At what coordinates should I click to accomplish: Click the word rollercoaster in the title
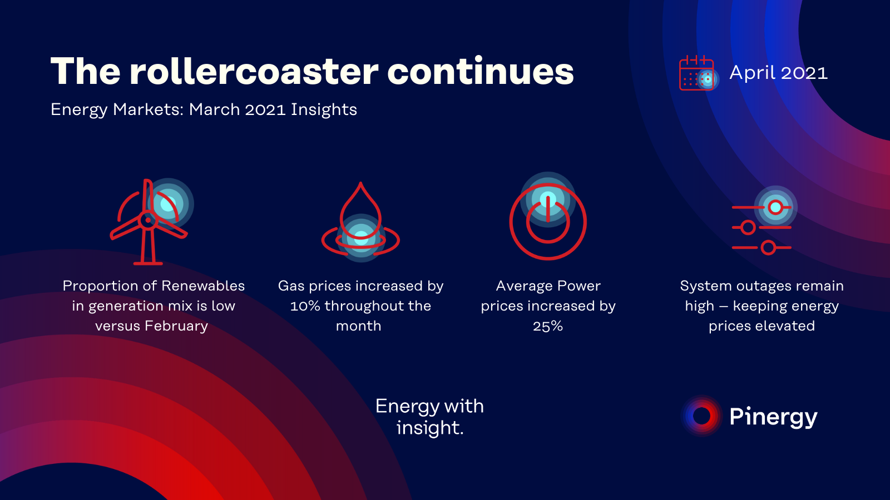pos(254,72)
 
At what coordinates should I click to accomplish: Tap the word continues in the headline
pos(481,72)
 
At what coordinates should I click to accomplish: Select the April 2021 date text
pos(779,73)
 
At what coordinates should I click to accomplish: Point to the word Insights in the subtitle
pos(324,110)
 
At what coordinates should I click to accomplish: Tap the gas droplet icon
pos(360,222)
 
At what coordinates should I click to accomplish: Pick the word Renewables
pos(203,286)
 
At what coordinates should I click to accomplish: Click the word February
pos(176,326)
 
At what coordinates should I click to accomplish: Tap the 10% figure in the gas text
pos(305,306)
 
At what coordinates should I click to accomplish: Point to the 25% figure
pos(548,326)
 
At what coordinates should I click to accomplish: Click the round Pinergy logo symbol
pos(701,416)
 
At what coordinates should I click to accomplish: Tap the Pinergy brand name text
pos(774,417)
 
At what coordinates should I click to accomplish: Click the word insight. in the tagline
pos(430,428)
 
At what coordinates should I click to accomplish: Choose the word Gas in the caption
pos(291,286)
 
